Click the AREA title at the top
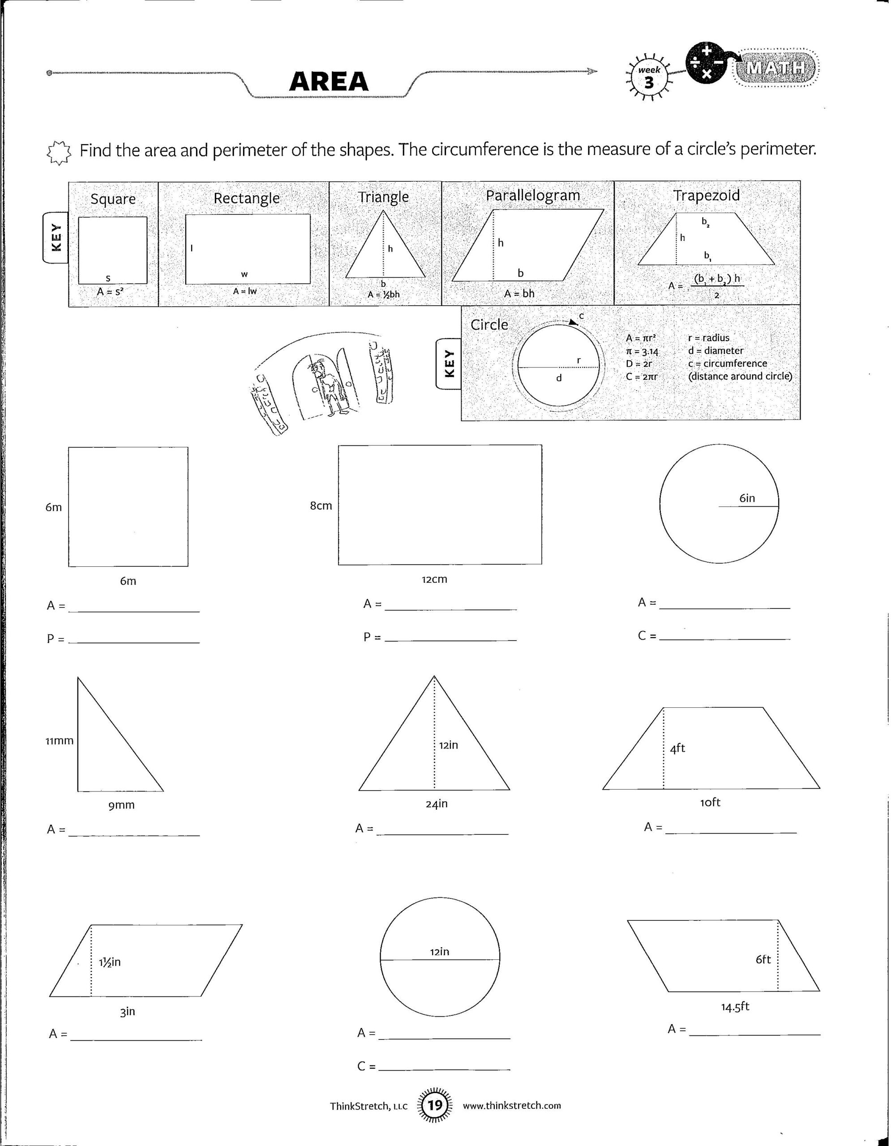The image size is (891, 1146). [x=329, y=81]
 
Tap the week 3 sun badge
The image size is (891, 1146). [x=649, y=77]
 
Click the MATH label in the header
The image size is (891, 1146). [x=777, y=68]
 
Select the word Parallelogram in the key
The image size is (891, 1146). [x=533, y=196]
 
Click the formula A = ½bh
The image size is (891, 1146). [x=384, y=295]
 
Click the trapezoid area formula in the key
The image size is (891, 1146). [x=706, y=286]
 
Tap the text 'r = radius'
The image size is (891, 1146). [x=708, y=338]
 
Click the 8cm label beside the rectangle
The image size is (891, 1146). [x=321, y=506]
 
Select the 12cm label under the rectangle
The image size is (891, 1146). [x=434, y=579]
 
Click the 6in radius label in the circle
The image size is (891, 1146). [x=747, y=498]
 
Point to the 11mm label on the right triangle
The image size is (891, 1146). [x=59, y=741]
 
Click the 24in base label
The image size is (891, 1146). [x=437, y=804]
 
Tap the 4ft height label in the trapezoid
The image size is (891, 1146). [x=677, y=748]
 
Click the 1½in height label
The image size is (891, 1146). [x=110, y=962]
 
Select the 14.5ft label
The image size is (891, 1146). [x=735, y=1006]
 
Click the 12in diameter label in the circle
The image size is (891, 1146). [x=440, y=951]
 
